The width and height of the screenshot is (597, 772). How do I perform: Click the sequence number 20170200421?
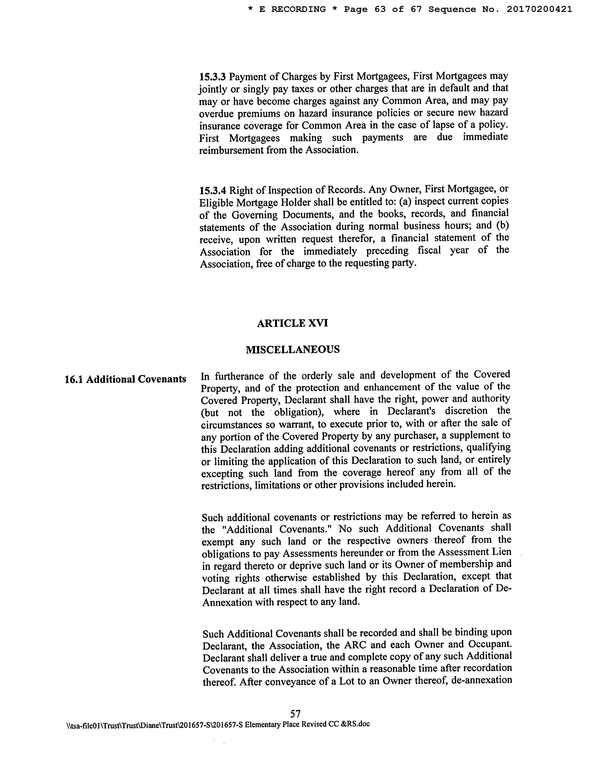539,10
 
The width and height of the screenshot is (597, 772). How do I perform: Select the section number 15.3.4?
213,190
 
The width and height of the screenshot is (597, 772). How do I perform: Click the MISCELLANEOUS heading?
292,350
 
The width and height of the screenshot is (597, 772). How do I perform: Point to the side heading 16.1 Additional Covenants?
125,379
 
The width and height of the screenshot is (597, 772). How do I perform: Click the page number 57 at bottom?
295,713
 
